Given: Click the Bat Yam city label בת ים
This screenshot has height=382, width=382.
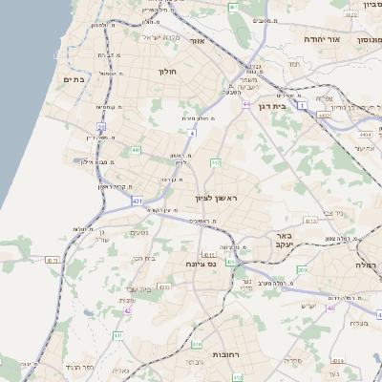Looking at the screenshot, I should pos(74,79).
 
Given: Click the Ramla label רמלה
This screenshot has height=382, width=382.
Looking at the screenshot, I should pos(367,264).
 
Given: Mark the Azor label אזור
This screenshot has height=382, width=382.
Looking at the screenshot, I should pos(198,41).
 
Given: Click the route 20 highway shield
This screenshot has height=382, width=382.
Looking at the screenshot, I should pos(101,126).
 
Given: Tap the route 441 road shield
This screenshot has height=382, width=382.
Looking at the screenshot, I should pos(136,150).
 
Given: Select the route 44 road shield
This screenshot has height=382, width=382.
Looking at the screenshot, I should pos(246,103).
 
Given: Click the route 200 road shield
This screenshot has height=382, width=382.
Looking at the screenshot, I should pos(302,270).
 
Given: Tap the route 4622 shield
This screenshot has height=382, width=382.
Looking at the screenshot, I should pos(351,14).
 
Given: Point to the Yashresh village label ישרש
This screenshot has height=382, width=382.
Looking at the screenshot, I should pos(308,305).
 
